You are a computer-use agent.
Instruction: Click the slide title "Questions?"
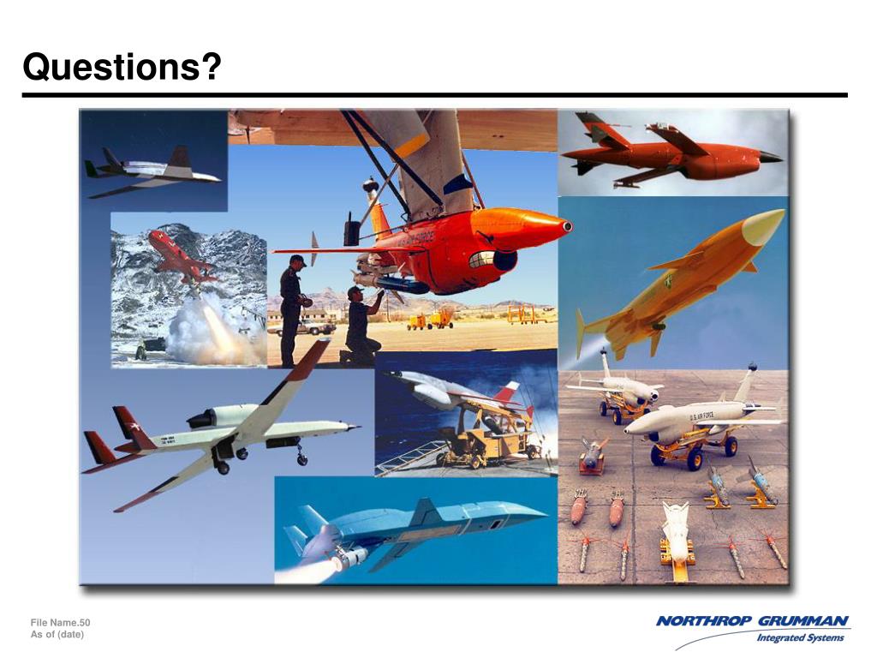click(122, 67)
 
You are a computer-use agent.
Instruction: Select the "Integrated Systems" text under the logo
click(800, 637)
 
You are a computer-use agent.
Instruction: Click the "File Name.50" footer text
click(60, 622)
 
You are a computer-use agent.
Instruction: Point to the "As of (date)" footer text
click(58, 634)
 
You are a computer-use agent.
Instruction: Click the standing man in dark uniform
click(291, 308)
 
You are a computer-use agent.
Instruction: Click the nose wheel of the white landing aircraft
click(301, 460)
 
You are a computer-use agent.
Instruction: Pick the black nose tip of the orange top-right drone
click(771, 157)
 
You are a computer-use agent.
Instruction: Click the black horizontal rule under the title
click(434, 95)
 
